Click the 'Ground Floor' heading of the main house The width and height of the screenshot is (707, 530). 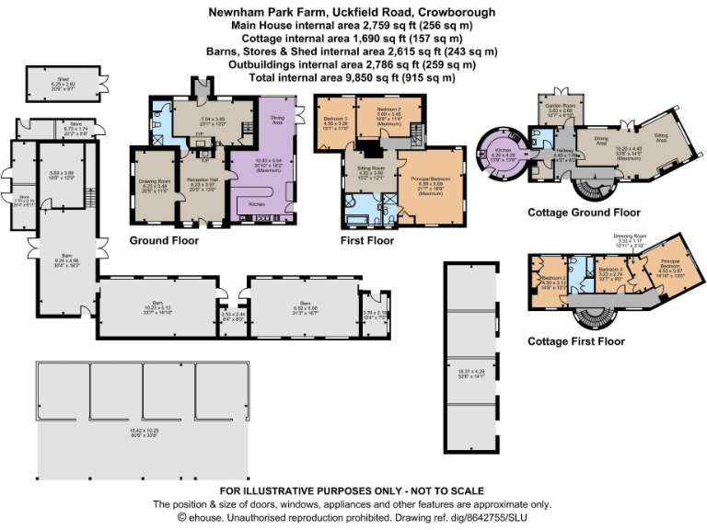(x=165, y=240)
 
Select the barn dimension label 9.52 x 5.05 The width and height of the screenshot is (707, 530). (x=306, y=307)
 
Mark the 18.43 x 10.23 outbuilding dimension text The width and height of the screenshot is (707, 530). (x=122, y=431)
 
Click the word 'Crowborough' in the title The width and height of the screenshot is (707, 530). (x=455, y=12)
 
